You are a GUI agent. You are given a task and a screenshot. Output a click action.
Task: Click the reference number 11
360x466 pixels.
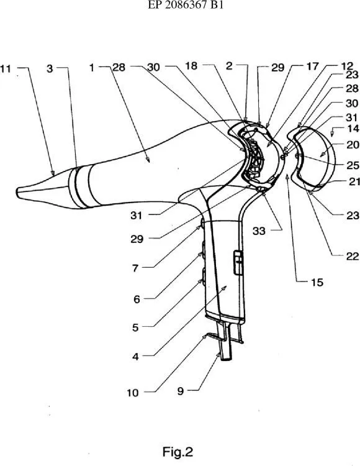(6, 68)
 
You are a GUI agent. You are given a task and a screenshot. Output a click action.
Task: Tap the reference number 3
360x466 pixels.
(50, 68)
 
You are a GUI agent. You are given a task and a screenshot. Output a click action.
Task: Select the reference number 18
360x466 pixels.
(191, 66)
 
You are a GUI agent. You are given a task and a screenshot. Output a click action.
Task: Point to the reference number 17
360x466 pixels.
(312, 66)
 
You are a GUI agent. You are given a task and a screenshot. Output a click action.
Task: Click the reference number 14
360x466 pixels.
(353, 129)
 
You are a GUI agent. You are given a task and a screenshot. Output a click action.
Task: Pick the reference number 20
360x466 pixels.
(353, 145)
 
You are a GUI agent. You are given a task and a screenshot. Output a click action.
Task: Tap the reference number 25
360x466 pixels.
(353, 165)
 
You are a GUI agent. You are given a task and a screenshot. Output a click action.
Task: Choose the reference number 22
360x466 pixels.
(353, 256)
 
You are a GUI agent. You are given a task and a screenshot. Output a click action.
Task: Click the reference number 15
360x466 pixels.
(317, 282)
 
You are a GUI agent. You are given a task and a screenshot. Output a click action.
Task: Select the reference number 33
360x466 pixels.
(259, 231)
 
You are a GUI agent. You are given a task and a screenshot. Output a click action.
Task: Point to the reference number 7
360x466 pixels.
(135, 268)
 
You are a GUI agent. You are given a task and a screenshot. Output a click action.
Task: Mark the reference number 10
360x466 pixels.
(133, 393)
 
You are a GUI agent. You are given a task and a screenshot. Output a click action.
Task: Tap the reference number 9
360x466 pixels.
(181, 391)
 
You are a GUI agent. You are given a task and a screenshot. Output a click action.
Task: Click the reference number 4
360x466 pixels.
(135, 357)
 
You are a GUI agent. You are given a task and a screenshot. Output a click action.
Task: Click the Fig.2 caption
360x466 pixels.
(178, 452)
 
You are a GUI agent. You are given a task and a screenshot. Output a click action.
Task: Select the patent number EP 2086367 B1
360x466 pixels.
(186, 6)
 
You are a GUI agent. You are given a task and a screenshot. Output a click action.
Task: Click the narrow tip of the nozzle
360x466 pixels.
(19, 193)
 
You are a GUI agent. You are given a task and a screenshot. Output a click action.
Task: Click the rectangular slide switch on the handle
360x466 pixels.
(238, 263)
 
